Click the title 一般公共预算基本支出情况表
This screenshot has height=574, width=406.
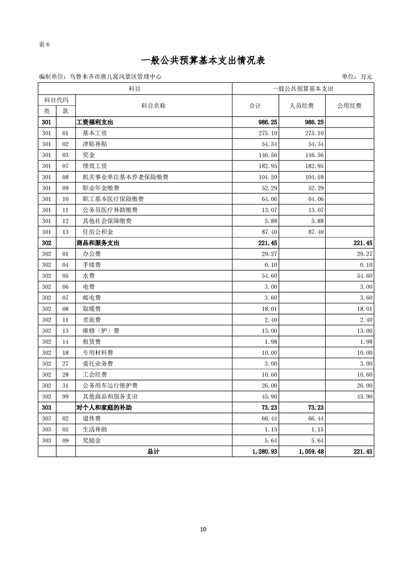[203, 60]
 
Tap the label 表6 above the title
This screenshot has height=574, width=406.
[44, 44]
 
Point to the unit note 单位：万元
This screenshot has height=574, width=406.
[357, 77]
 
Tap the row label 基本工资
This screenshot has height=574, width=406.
[95, 133]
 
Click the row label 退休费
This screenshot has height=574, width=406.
[92, 419]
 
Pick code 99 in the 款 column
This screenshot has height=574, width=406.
[65, 397]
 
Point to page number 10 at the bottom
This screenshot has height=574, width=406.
[203, 529]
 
